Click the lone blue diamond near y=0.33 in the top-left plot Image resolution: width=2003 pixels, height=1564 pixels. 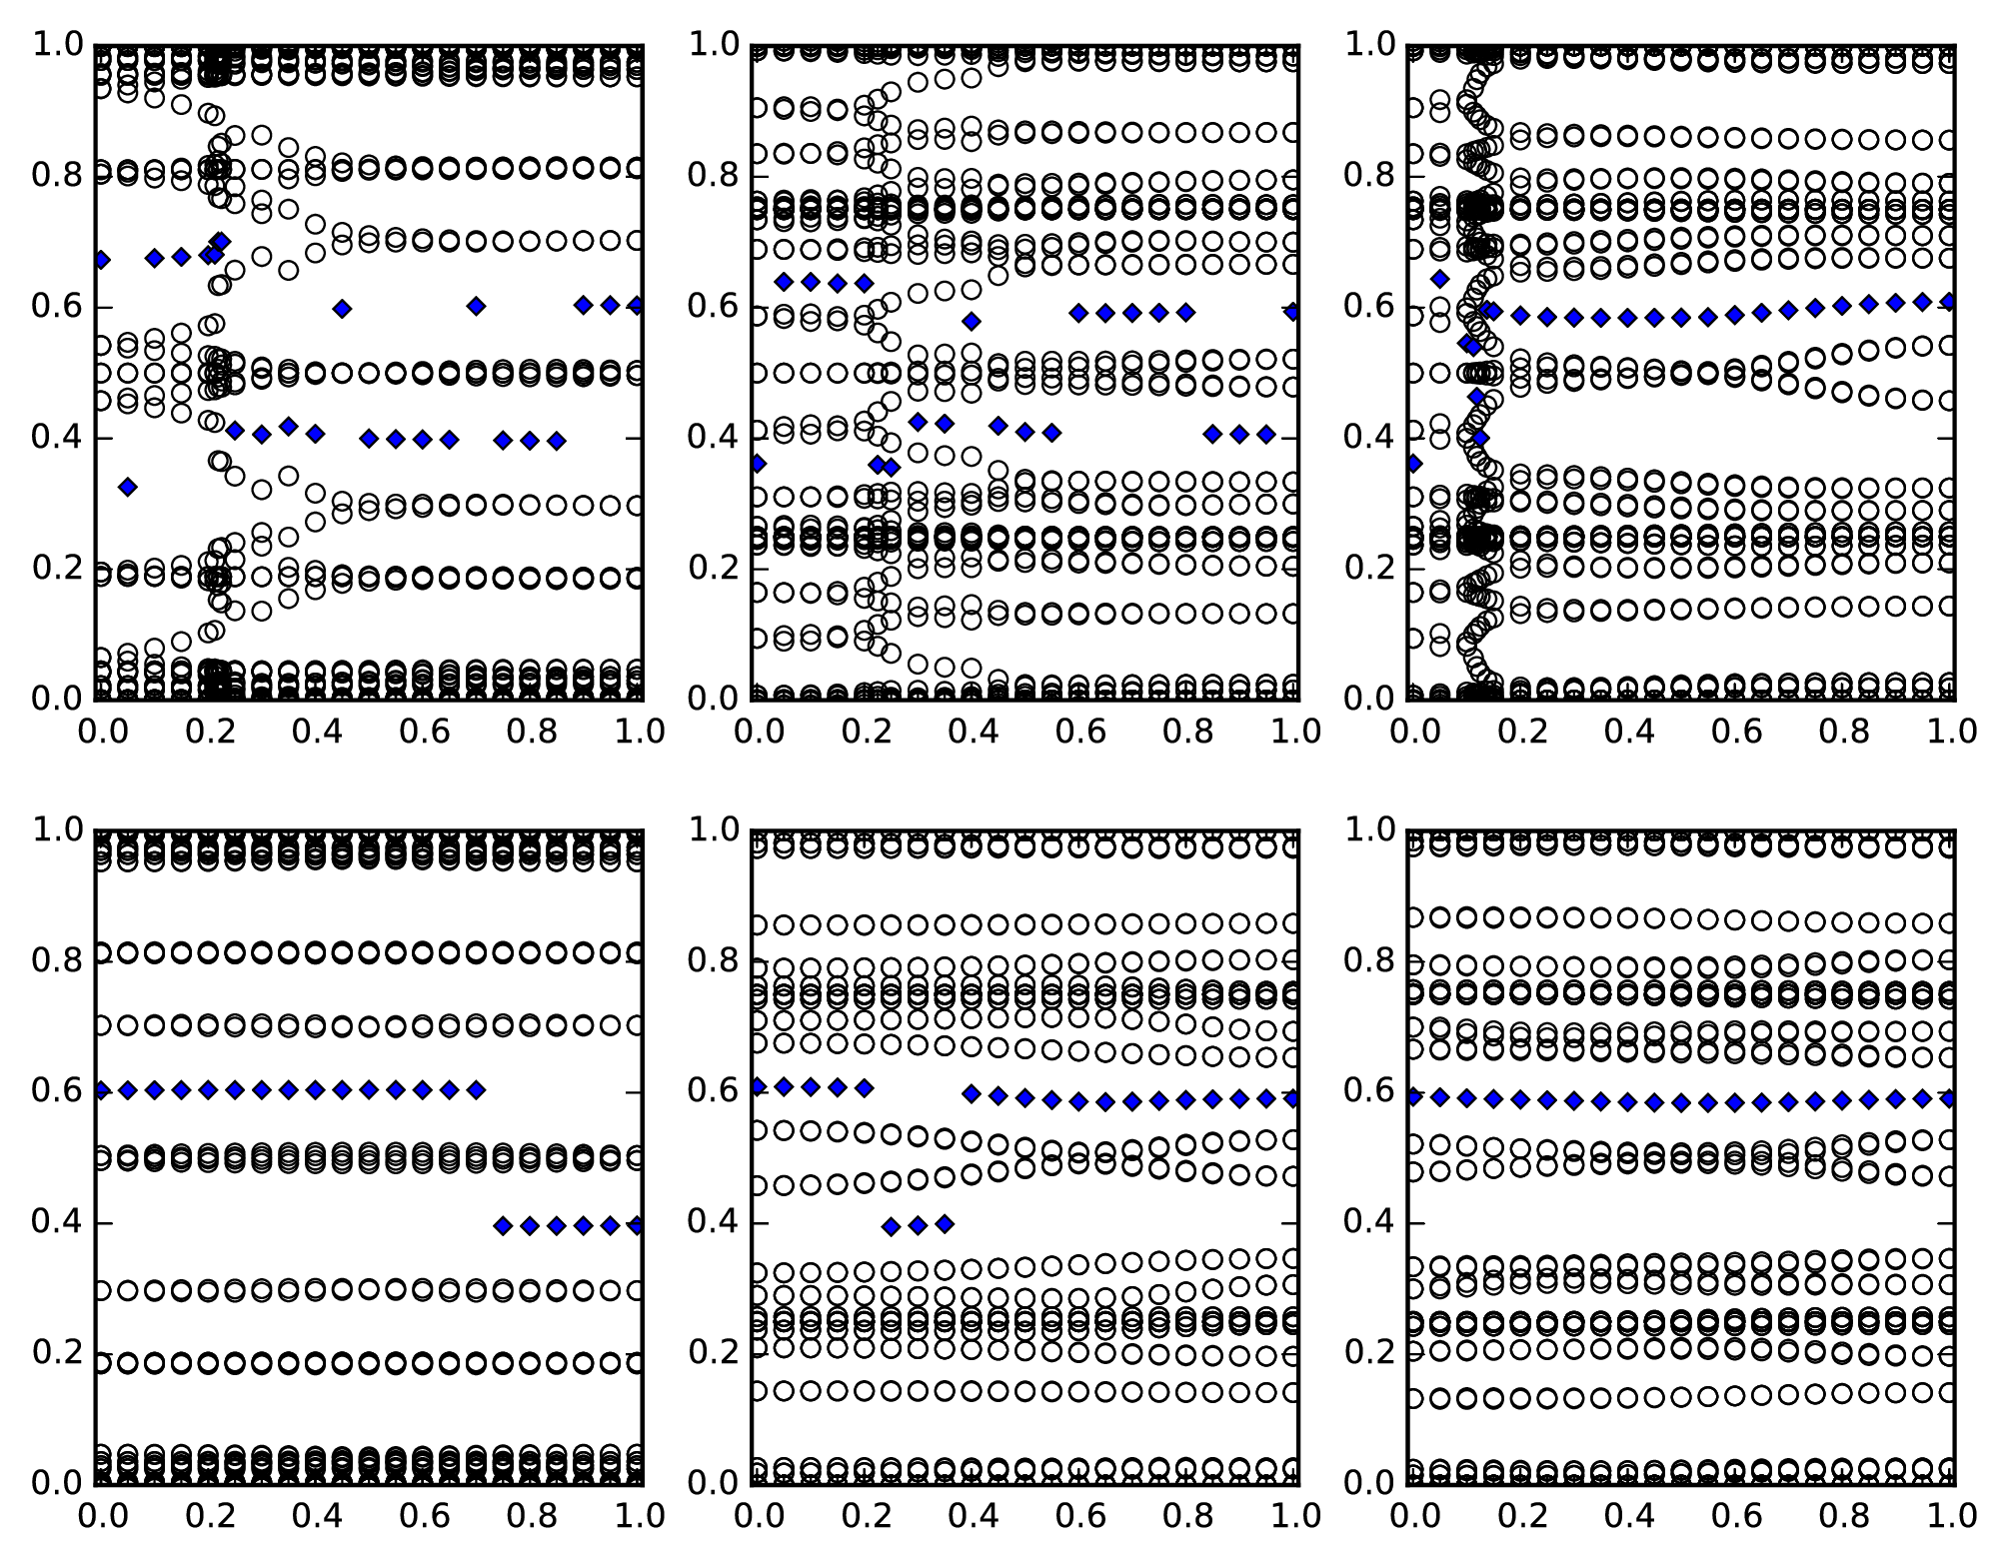127,487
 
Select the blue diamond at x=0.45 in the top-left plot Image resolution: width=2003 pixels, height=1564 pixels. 342,309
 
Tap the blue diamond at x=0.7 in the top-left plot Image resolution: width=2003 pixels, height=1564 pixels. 477,306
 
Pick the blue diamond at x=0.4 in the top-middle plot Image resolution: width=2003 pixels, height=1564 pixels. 971,321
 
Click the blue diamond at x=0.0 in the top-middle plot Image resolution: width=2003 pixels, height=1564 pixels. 757,463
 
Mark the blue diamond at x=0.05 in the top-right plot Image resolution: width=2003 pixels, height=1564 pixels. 1439,279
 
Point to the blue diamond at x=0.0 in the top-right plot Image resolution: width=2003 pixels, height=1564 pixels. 1413,463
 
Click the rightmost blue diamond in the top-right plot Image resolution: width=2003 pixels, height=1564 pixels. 1949,301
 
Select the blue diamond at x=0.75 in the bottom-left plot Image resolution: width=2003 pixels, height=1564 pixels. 503,1225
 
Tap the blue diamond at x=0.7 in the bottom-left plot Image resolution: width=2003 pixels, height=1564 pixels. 477,1089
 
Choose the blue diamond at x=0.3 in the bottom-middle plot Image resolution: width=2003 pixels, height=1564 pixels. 918,1225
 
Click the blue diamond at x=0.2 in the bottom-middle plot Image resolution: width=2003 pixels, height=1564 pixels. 865,1087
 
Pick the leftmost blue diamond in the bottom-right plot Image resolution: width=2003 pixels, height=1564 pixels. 1413,1097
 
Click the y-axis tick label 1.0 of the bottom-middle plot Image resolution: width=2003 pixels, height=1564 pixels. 713,829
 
